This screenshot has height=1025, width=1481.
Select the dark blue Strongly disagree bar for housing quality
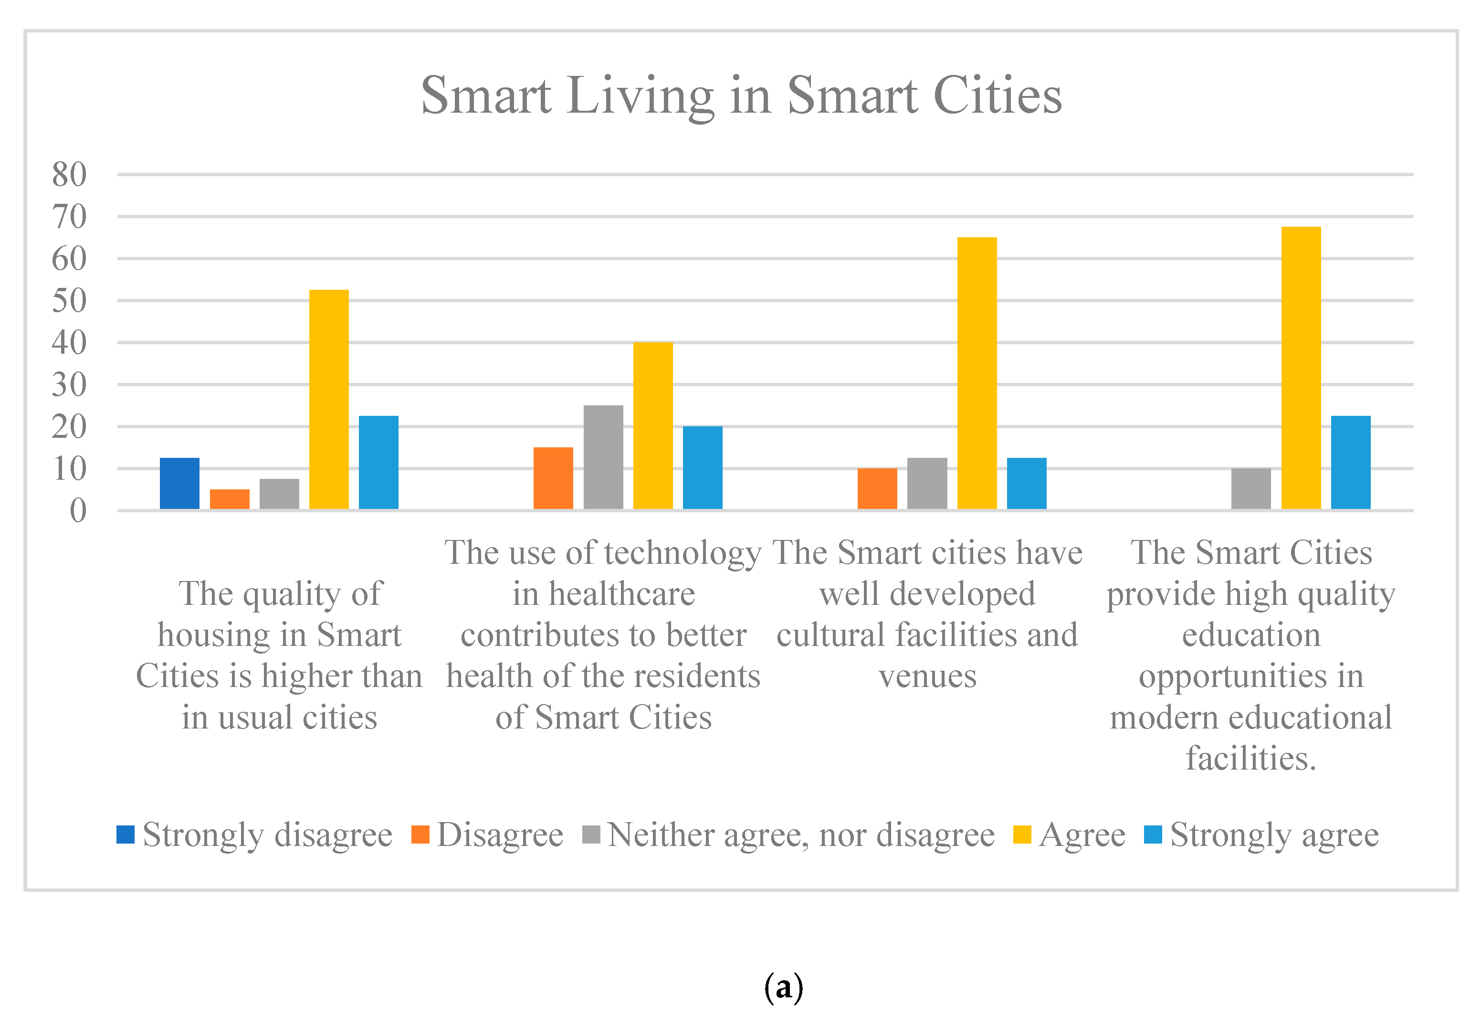[x=180, y=484]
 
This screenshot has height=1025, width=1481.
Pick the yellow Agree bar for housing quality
[x=329, y=400]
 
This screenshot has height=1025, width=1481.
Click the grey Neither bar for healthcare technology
[x=603, y=457]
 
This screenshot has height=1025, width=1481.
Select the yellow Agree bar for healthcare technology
[x=653, y=426]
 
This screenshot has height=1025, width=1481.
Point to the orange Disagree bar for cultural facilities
[x=877, y=489]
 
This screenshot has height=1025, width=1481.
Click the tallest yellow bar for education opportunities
[x=1301, y=368]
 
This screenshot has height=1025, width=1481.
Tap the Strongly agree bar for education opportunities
[x=1350, y=463]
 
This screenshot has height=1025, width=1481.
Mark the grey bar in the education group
[x=1250, y=489]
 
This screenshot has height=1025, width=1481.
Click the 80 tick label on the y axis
[x=69, y=174]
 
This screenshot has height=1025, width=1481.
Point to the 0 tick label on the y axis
[x=78, y=511]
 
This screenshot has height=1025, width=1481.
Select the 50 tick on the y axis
[x=69, y=301]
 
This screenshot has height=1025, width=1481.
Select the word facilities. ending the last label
[x=1250, y=759]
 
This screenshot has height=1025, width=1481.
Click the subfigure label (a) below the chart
[x=783, y=987]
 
